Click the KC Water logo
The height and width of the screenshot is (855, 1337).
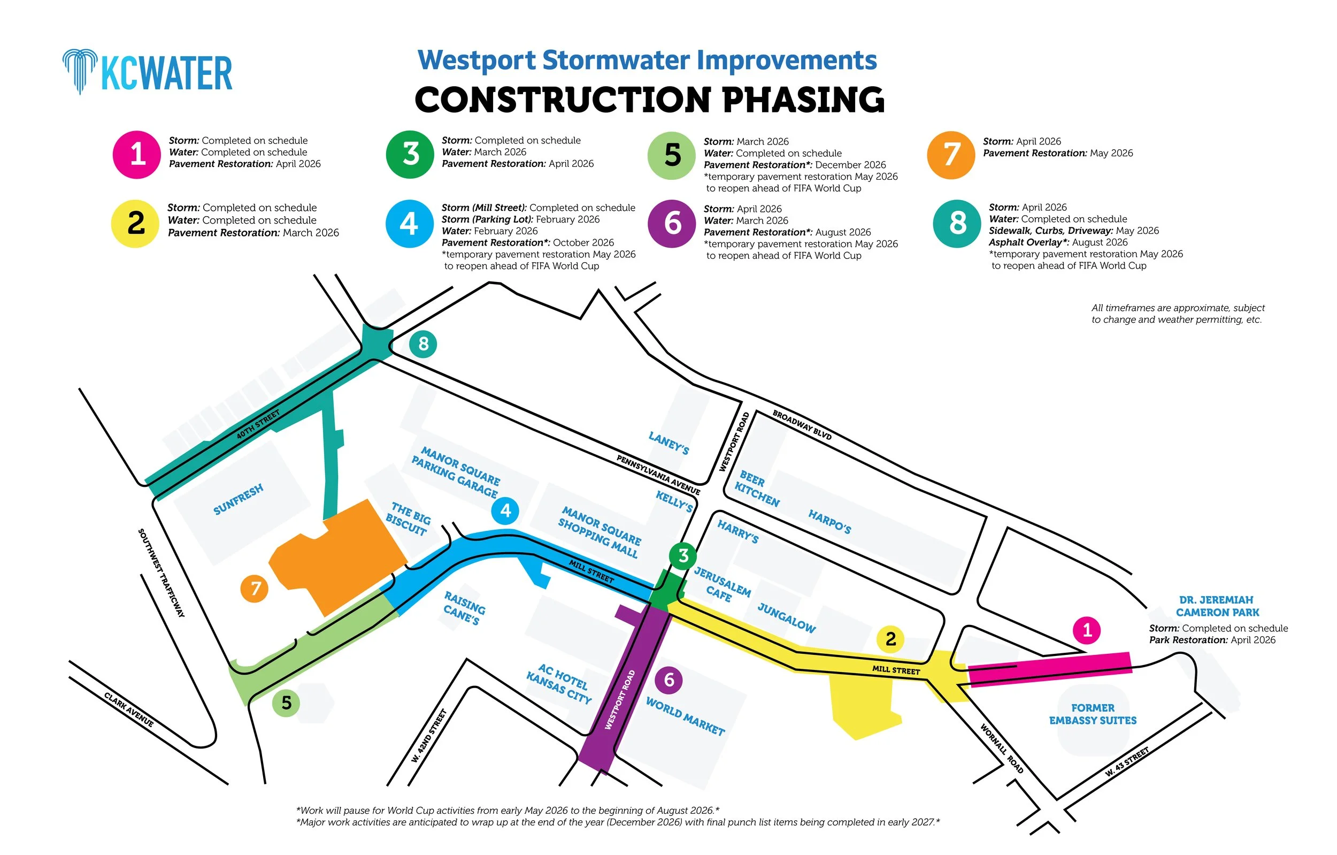click(148, 72)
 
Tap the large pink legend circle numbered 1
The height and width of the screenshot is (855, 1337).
click(136, 155)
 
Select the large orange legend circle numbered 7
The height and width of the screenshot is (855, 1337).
click(950, 155)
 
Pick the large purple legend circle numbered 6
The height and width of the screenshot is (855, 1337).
click(672, 223)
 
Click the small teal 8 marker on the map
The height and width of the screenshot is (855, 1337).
click(423, 344)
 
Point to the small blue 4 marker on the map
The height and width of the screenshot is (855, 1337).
click(505, 510)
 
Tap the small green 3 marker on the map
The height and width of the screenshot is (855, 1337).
click(683, 555)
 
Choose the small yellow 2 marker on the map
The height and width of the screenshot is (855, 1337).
click(890, 639)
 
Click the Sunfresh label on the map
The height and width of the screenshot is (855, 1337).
click(239, 499)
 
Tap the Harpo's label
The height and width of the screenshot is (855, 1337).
click(829, 522)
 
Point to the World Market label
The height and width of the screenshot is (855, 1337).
click(685, 716)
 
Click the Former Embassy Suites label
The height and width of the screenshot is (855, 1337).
click(1093, 714)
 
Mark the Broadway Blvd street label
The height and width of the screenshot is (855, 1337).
click(802, 425)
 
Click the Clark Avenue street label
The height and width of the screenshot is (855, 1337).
click(129, 709)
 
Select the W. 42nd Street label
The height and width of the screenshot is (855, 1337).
click(429, 735)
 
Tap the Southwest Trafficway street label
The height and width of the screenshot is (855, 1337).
click(161, 572)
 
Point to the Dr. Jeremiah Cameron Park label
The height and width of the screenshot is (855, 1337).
click(1217, 606)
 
